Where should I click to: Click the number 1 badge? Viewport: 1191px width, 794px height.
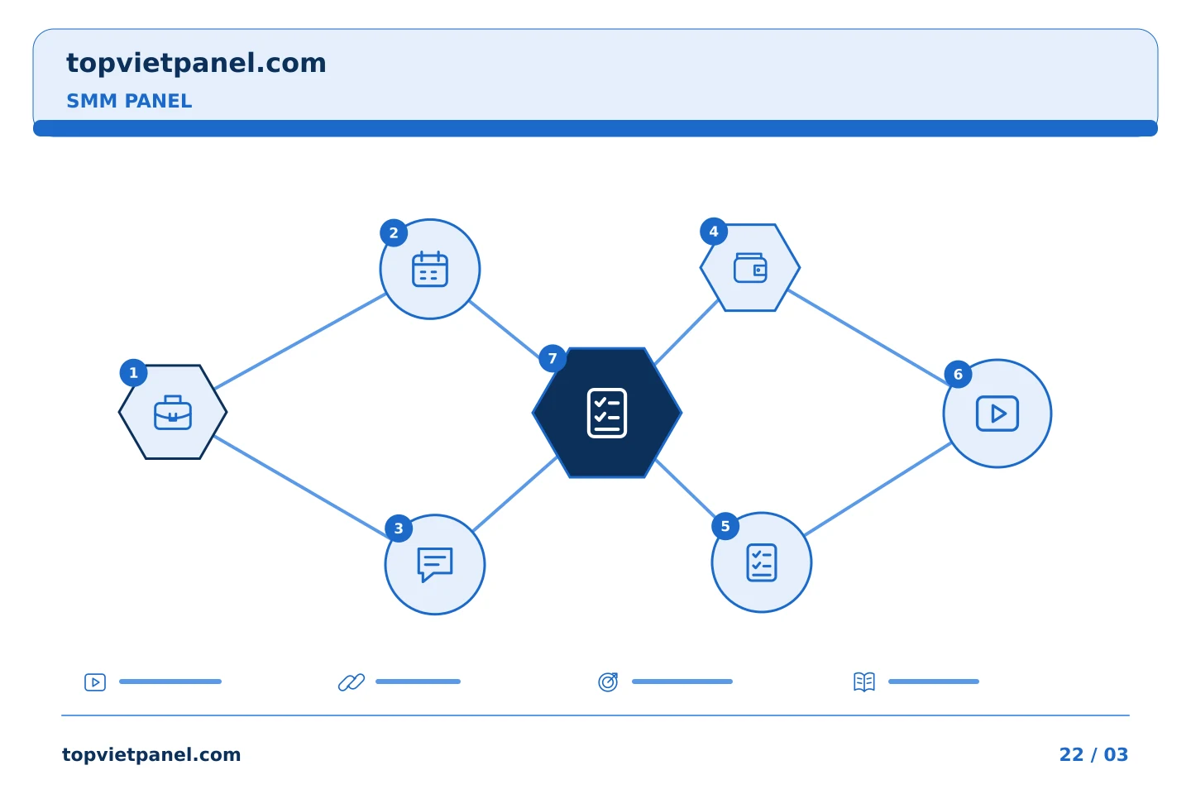pyautogui.click(x=133, y=373)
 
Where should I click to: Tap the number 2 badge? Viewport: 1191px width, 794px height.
pyautogui.click(x=394, y=233)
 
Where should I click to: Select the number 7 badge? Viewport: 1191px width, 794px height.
pyautogui.click(x=552, y=358)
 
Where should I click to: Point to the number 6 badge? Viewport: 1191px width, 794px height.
pyautogui.click(x=958, y=375)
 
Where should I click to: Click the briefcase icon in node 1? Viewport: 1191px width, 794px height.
pyautogui.click(x=173, y=412)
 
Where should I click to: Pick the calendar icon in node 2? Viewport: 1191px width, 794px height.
pyautogui.click(x=430, y=269)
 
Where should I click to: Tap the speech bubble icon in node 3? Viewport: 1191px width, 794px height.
pyautogui.click(x=435, y=565)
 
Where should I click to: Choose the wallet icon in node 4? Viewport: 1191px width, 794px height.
pyautogui.click(x=750, y=267)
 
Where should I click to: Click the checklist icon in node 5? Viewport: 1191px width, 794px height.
pyautogui.click(x=762, y=562)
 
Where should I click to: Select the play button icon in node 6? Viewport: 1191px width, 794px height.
pyautogui.click(x=997, y=414)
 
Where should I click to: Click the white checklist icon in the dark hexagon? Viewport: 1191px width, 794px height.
pyautogui.click(x=607, y=414)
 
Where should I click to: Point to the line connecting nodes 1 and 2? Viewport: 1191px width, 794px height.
pyautogui.click(x=300, y=341)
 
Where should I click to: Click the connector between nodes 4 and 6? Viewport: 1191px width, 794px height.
pyautogui.click(x=868, y=337)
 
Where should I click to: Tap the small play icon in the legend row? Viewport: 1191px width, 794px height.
pyautogui.click(x=95, y=682)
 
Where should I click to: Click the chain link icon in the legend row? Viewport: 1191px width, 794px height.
pyautogui.click(x=352, y=682)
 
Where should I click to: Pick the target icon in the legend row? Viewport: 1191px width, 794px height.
pyautogui.click(x=608, y=682)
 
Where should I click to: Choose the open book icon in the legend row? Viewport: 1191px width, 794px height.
pyautogui.click(x=864, y=682)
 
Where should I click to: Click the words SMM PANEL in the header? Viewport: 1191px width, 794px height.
pyautogui.click(x=129, y=101)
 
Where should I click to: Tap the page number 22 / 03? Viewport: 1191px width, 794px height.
pyautogui.click(x=1093, y=754)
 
